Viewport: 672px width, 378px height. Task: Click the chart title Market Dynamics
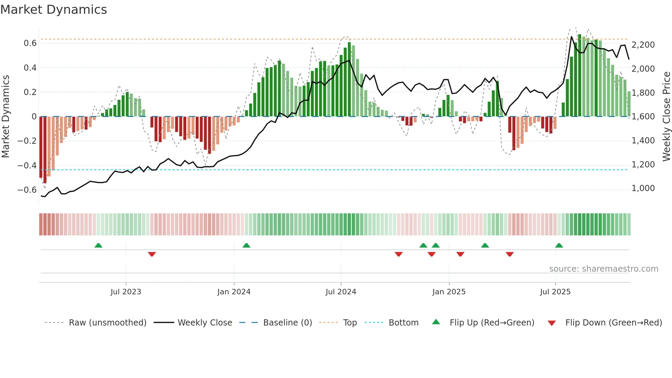[53, 10]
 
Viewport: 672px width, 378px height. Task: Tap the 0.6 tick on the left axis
[30, 43]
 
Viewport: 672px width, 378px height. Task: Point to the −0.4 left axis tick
[27, 165]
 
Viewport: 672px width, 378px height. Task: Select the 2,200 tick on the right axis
[643, 45]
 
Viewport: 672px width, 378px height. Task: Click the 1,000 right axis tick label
[643, 188]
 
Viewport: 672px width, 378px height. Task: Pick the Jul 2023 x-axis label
[126, 292]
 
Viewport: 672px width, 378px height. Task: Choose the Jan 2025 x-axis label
[449, 292]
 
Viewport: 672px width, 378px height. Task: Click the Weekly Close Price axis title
[666, 116]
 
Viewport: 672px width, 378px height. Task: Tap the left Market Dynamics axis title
[5, 116]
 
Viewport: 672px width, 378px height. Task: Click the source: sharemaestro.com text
[603, 269]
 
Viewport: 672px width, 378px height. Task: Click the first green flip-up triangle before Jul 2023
[98, 246]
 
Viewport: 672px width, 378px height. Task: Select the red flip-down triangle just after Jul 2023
[152, 254]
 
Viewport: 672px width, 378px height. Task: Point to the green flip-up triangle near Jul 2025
[559, 246]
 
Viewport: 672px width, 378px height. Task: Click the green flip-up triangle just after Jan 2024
[246, 246]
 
